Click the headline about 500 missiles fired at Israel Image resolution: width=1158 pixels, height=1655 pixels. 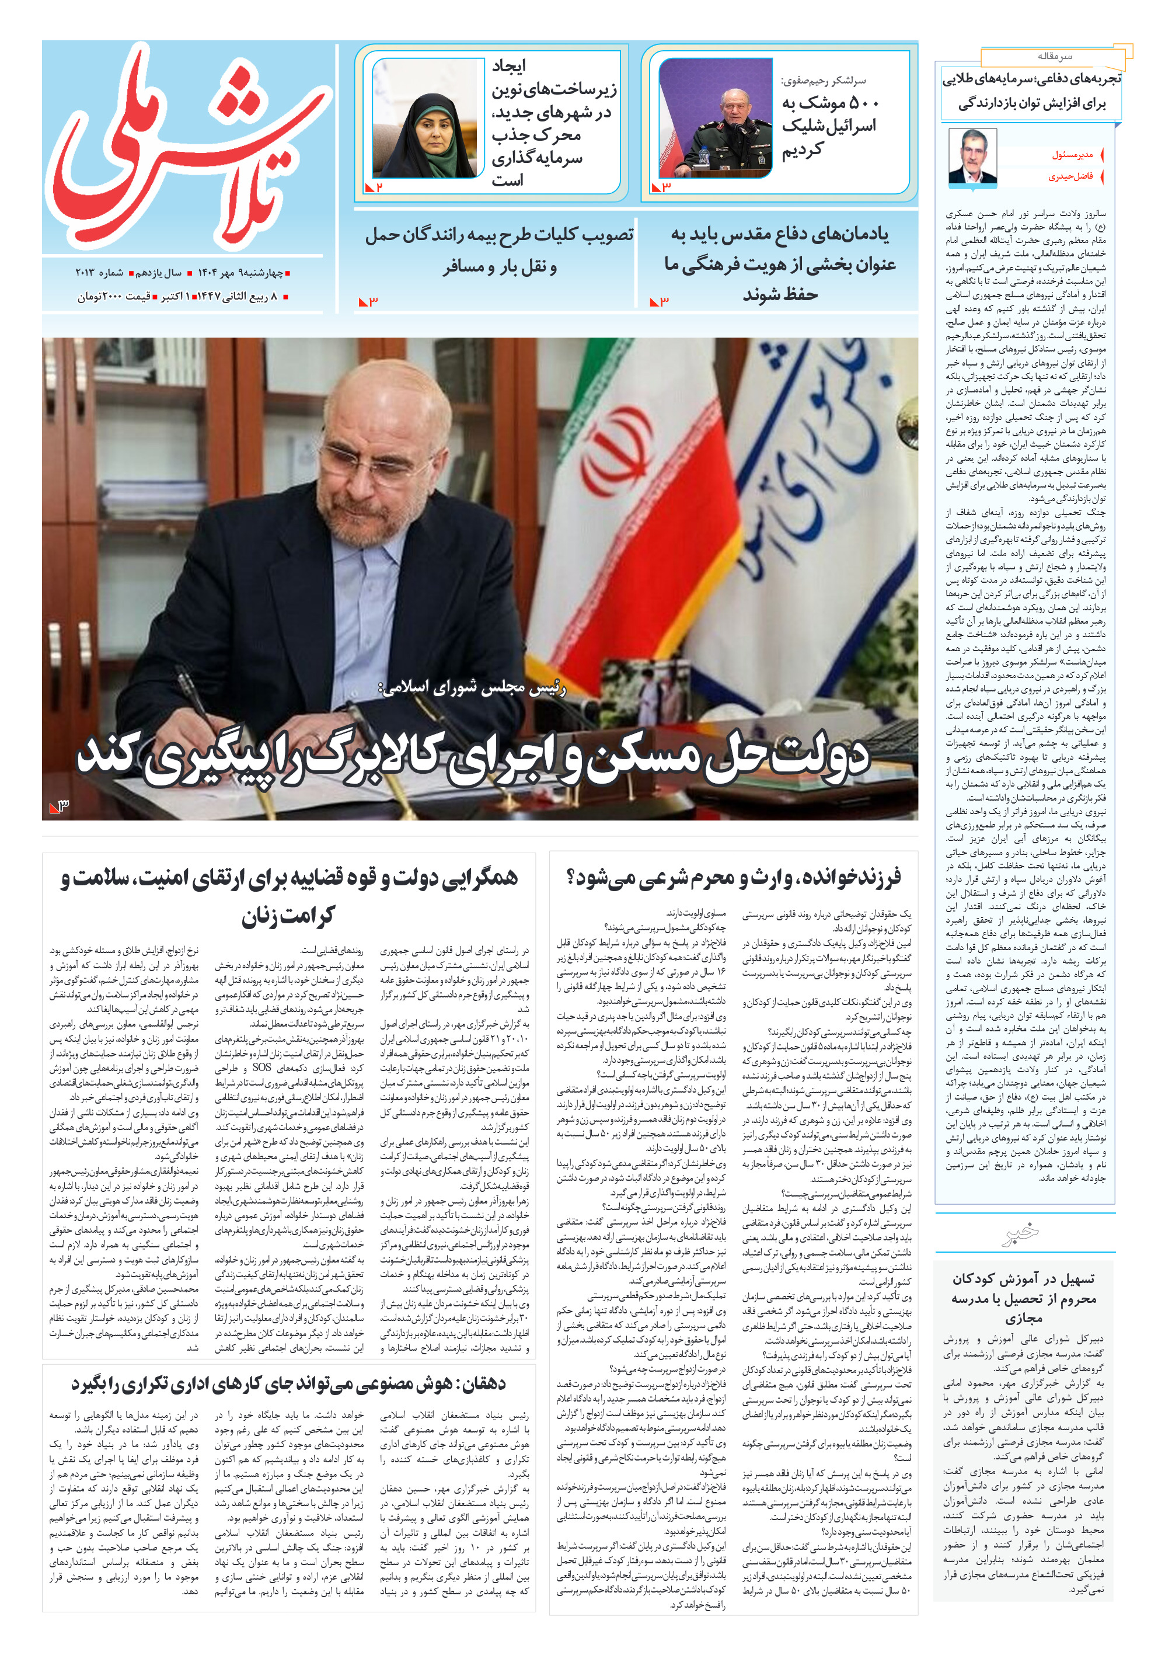coord(830,126)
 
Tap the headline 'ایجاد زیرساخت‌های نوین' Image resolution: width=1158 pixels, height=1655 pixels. coord(554,123)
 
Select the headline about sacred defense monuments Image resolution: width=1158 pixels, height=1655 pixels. coord(780,264)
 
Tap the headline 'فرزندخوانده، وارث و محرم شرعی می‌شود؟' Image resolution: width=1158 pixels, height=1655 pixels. coord(734,877)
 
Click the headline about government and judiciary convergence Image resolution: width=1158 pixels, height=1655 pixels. coord(288,896)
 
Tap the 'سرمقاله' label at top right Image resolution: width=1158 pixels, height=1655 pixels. coord(1054,56)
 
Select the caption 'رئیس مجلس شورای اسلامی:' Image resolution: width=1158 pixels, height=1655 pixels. coord(472,688)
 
